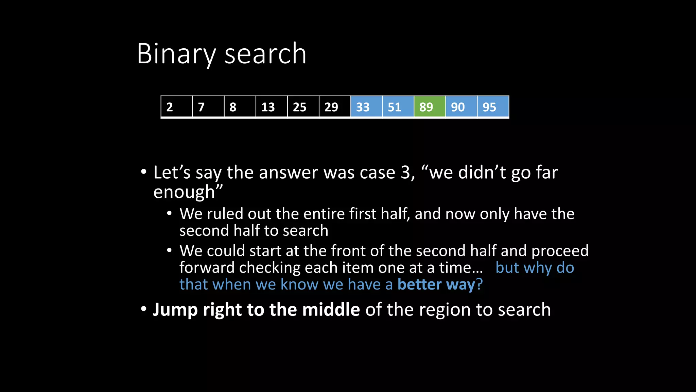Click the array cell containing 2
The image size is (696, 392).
tap(177, 107)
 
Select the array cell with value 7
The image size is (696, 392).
tap(208, 107)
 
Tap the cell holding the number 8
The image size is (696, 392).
tap(240, 107)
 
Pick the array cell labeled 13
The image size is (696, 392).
tap(272, 107)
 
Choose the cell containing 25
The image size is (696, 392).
tap(303, 107)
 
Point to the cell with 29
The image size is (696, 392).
tap(335, 107)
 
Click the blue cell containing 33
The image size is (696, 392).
tap(366, 107)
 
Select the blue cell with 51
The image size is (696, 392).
tap(398, 107)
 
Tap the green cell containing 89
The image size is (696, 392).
tap(430, 107)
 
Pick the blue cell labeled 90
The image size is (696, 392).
tap(461, 107)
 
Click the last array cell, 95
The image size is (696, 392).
tap(493, 107)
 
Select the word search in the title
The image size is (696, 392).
tap(265, 54)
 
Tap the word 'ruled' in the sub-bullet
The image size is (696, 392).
tap(225, 214)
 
